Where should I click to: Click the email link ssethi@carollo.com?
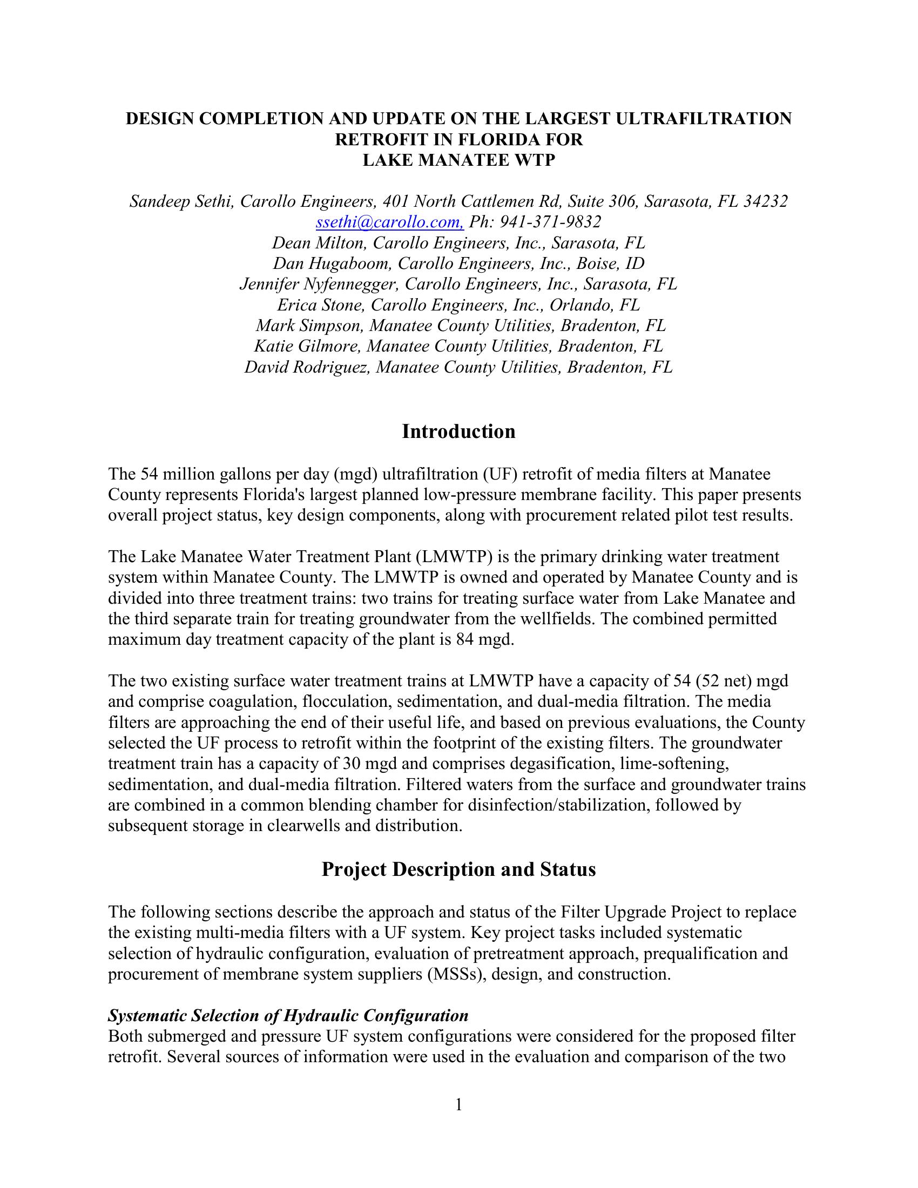point(389,222)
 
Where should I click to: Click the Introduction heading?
point(458,431)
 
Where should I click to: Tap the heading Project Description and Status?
point(458,869)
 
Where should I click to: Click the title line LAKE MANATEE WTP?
point(458,160)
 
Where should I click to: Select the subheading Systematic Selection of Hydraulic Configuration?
point(288,1016)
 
